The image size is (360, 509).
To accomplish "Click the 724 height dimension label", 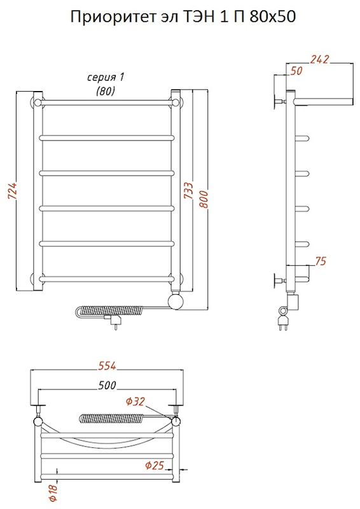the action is [x=12, y=192].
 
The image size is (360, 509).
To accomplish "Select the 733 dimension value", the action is [x=188, y=191].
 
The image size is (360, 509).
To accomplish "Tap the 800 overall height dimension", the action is [x=203, y=199].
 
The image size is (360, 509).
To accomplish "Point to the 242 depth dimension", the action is [x=319, y=59].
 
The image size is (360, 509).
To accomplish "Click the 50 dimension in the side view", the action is [x=296, y=71].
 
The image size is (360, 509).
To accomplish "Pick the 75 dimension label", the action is [x=320, y=261].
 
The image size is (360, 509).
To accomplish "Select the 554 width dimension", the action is [x=107, y=366].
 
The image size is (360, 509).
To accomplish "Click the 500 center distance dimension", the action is [x=106, y=385].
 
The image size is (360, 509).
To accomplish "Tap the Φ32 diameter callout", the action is [x=135, y=402].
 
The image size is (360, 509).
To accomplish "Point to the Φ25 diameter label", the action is [x=154, y=466].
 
